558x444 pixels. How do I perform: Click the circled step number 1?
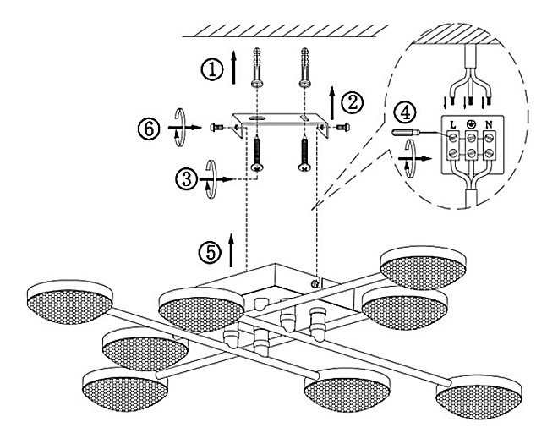tap(212, 69)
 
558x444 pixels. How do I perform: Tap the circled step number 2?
tap(352, 103)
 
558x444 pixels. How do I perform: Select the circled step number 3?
tap(186, 179)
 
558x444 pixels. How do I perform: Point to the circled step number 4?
tap(404, 112)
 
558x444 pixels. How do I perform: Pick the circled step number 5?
tap(210, 253)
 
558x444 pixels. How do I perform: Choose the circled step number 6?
tap(149, 129)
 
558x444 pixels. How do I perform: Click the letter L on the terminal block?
tap(452, 124)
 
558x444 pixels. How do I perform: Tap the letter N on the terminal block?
tap(489, 124)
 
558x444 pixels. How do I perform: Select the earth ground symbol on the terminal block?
tap(471, 124)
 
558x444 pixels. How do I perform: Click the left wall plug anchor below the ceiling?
tap(257, 68)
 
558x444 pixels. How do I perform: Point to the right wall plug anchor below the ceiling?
tap(304, 68)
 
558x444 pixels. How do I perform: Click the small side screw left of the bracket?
tap(216, 126)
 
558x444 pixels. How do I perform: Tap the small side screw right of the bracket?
tap(343, 126)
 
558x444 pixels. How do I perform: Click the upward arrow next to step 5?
tap(232, 250)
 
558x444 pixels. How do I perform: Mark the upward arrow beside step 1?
tap(234, 67)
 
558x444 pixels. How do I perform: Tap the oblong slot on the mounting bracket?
tap(256, 118)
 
